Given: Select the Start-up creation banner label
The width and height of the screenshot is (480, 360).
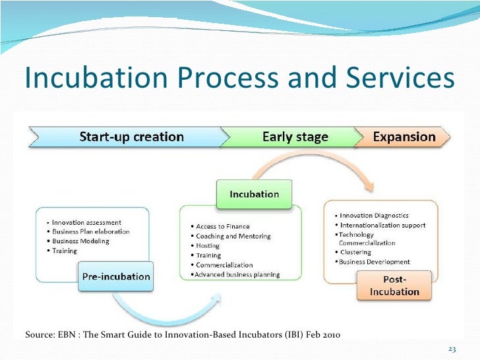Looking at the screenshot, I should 131,137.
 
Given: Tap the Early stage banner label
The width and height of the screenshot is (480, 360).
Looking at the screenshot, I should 295,137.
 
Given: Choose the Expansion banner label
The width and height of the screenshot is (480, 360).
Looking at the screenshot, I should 404,137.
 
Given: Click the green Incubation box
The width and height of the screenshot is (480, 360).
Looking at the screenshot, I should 254,194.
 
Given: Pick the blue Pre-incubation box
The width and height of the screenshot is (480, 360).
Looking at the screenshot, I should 116,276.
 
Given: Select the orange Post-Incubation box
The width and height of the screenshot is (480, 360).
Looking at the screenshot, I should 394,286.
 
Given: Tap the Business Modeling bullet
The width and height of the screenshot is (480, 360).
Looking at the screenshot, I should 80,241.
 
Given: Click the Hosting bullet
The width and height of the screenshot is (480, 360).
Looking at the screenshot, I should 208,246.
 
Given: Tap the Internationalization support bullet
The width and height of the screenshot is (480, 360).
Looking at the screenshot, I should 382,225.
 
